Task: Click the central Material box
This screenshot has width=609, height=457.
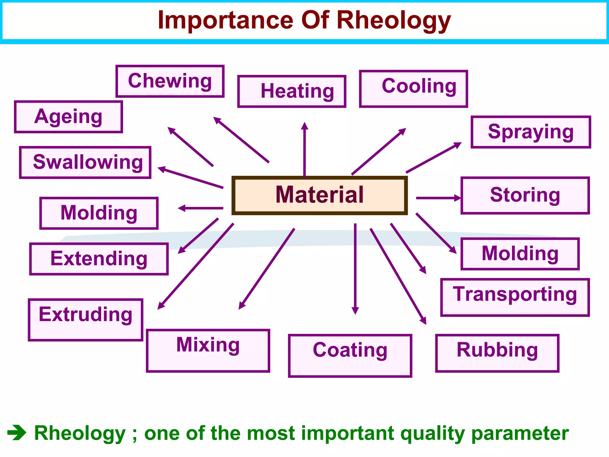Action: tap(319, 195)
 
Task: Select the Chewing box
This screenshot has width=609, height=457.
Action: tap(170, 81)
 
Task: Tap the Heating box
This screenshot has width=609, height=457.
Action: tap(292, 91)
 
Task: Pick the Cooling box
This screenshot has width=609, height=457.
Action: tap(413, 89)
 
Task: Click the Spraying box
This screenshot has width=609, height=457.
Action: tap(531, 132)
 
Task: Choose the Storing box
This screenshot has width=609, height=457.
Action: tap(525, 195)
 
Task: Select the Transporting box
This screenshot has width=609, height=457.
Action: tap(515, 297)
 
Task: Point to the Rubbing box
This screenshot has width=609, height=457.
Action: tap(497, 353)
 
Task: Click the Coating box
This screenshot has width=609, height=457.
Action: tap(350, 355)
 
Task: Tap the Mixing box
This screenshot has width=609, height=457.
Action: tap(208, 350)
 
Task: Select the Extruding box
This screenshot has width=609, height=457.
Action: tap(86, 320)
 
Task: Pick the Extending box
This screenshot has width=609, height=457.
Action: tap(99, 259)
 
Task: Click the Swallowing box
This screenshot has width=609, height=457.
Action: tap(85, 162)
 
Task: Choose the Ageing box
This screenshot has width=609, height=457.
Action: tap(68, 117)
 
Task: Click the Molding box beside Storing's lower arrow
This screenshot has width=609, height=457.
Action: tap(520, 254)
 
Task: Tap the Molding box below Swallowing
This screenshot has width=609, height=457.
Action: tap(99, 213)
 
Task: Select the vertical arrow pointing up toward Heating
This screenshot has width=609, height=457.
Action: tap(304, 149)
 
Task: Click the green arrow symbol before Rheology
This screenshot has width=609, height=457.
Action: tap(17, 433)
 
